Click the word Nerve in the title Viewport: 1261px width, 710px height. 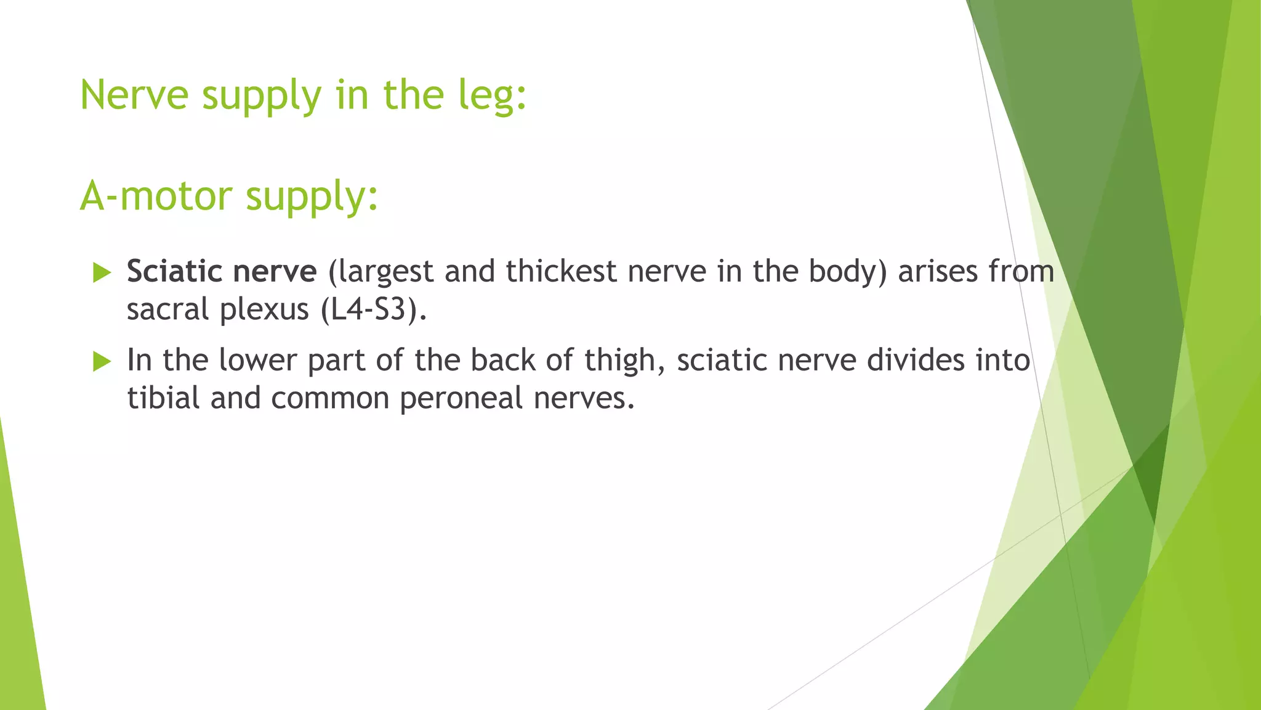(134, 96)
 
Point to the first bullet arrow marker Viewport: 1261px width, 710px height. (102, 272)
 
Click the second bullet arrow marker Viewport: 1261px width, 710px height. (102, 361)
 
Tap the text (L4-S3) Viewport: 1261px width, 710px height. (374, 309)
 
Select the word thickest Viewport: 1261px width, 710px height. (561, 271)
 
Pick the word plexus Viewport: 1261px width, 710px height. (264, 309)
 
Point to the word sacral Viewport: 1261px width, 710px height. (167, 309)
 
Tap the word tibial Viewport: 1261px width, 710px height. (164, 398)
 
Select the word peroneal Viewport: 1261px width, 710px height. (461, 399)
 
